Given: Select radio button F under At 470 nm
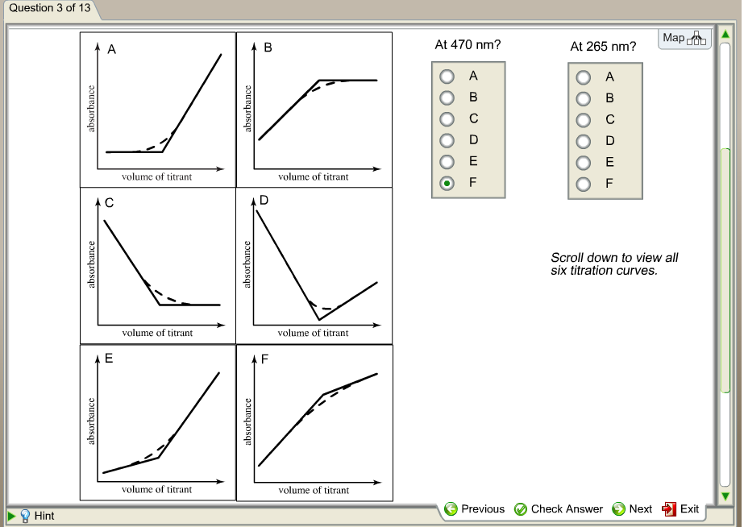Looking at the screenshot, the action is tap(447, 183).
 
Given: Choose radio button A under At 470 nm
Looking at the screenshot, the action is tap(447, 77).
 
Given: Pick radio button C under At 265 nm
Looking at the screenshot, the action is tap(583, 120).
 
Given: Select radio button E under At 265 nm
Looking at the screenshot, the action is tap(583, 163).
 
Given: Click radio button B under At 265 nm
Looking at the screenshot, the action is tap(583, 98).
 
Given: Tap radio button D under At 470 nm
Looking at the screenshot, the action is tap(447, 140).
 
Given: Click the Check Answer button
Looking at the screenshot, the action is tap(559, 509).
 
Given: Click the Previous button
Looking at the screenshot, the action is tap(474, 509).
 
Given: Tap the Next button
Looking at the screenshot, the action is tap(632, 509).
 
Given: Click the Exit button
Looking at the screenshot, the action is tap(680, 509).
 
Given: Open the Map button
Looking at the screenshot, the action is tap(684, 39).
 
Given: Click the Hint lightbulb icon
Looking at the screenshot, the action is tap(25, 516).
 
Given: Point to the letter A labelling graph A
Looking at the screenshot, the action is tap(111, 49).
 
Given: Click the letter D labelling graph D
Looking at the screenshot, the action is tap(264, 200).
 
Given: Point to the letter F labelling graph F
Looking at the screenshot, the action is tap(264, 359).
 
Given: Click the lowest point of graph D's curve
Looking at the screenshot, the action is tap(319, 320).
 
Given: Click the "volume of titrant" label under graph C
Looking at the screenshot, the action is tap(157, 333).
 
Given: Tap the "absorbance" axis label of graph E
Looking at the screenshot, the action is tap(91, 421).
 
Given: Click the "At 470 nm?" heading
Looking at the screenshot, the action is tap(468, 44).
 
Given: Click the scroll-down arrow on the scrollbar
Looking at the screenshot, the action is tap(725, 496).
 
